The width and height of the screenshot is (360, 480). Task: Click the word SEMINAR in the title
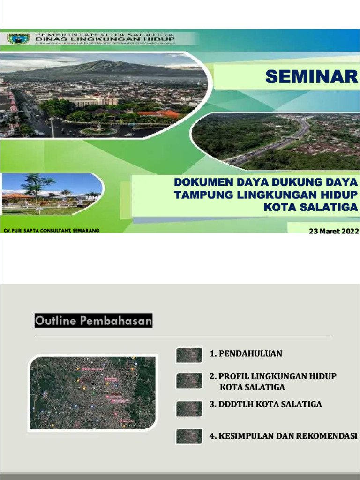pyautogui.click(x=311, y=77)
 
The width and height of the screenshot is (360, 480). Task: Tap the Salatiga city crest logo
pyautogui.click(x=19, y=38)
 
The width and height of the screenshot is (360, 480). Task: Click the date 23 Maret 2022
pyautogui.click(x=333, y=231)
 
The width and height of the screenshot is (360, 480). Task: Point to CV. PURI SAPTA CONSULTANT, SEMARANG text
pyautogui.click(x=51, y=231)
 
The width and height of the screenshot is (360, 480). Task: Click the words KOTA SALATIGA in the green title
pyautogui.click(x=310, y=207)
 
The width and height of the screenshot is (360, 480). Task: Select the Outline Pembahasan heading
pyautogui.click(x=93, y=321)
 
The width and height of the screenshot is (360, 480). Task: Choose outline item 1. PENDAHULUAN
pyautogui.click(x=246, y=353)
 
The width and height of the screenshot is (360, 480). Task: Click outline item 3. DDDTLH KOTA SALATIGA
pyautogui.click(x=265, y=404)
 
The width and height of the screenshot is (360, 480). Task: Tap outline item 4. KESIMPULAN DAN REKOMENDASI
pyautogui.click(x=283, y=436)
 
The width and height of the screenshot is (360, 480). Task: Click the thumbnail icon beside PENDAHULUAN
pyautogui.click(x=189, y=355)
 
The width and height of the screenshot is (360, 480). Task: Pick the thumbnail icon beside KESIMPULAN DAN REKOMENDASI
pyautogui.click(x=189, y=436)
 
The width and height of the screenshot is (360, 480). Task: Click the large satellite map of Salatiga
pyautogui.click(x=92, y=393)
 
